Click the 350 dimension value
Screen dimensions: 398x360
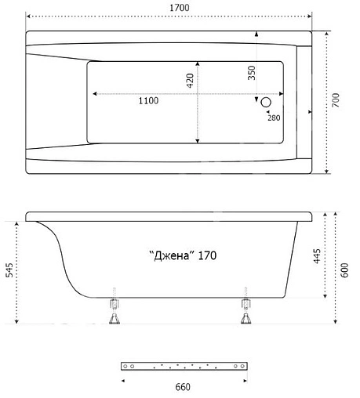click(252, 74)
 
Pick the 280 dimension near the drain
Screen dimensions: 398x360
click(273, 118)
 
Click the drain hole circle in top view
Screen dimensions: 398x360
click(265, 102)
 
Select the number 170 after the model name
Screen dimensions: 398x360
click(207, 255)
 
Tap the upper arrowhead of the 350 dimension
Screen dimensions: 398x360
click(256, 34)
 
